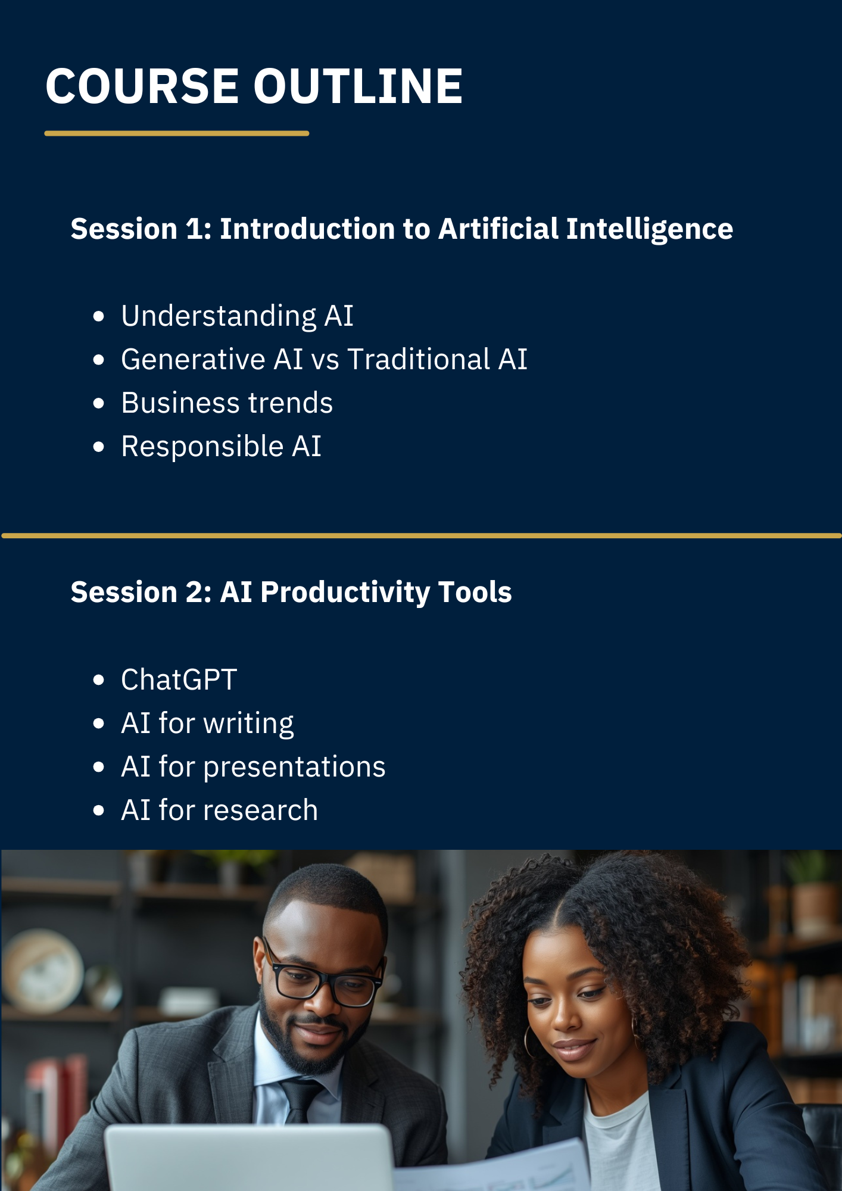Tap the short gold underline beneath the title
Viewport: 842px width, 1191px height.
(177, 133)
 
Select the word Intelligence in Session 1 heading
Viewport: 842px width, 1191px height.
(649, 230)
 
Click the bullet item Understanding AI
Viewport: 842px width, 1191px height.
(237, 316)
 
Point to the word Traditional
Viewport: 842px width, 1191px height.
(419, 359)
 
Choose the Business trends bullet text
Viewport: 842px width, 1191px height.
(227, 403)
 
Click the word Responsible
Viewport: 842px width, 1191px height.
(202, 447)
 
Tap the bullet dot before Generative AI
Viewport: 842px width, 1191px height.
(99, 360)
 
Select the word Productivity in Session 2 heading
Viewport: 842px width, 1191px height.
(345, 593)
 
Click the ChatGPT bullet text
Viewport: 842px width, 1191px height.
(179, 679)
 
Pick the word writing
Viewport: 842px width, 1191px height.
(248, 724)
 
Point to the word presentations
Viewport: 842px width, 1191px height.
(294, 767)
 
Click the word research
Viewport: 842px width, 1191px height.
(261, 810)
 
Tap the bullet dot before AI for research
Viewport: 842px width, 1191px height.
(99, 810)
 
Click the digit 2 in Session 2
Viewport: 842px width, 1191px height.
(194, 593)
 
